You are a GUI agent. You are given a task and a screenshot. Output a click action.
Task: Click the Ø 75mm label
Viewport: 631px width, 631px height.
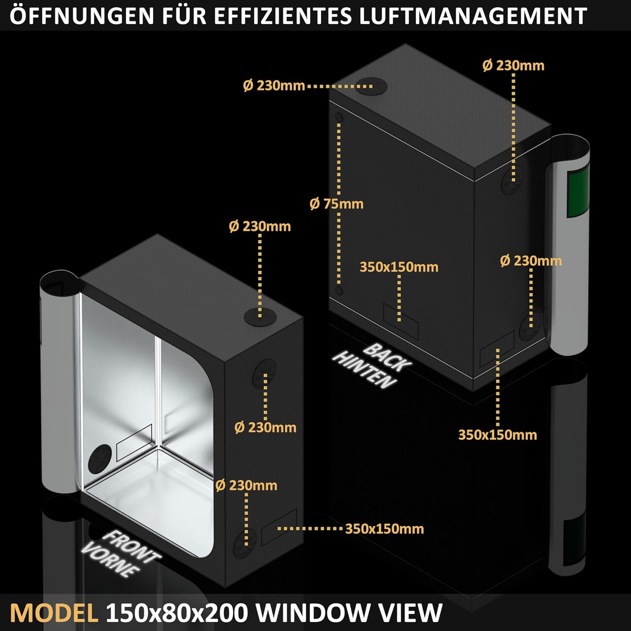coord(337,204)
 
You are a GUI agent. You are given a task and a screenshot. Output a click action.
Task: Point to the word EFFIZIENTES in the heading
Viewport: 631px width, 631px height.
coord(283,16)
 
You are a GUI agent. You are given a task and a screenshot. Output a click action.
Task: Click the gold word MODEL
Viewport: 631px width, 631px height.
coord(54,612)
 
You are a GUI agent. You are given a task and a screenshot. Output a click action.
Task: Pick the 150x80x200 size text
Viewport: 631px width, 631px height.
coord(176,612)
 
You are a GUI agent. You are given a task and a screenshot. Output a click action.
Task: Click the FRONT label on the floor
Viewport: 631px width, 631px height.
coord(131,546)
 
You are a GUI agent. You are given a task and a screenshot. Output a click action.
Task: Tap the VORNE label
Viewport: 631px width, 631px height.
coord(110,559)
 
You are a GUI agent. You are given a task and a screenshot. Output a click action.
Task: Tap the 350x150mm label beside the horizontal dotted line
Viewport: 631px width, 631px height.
coord(384,529)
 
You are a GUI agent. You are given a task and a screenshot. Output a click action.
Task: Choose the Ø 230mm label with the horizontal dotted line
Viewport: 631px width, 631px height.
coord(274,86)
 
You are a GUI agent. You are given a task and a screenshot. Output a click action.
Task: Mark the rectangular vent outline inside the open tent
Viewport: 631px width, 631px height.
coord(134,442)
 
